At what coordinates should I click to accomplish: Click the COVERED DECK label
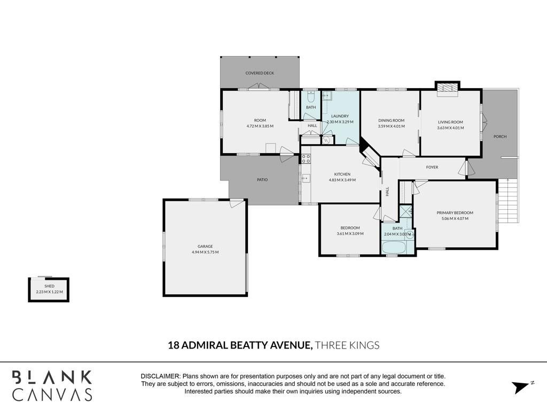point(260,73)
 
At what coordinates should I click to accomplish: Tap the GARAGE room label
point(205,247)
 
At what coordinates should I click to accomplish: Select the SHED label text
point(50,286)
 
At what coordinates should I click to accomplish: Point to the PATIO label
point(262,180)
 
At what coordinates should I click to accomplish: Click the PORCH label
point(500,137)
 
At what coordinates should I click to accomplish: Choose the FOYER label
point(432,167)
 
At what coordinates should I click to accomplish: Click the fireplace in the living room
point(447,89)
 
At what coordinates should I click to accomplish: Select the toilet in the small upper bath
point(311,96)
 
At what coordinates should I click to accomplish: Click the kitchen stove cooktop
point(306,159)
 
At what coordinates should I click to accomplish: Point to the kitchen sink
point(306,178)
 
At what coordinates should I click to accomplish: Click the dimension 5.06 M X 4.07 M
point(455,218)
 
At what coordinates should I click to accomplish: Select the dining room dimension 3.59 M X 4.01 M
point(391,126)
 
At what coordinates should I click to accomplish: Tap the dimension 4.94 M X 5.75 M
point(205,252)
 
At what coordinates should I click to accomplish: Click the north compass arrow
point(520,387)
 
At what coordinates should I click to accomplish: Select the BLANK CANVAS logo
point(52,385)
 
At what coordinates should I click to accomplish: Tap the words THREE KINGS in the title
point(347,345)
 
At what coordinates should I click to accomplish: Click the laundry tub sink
point(327,95)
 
